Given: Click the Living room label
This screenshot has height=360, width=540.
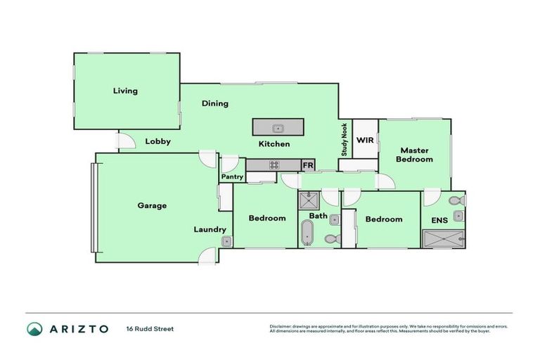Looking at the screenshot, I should point(125,91).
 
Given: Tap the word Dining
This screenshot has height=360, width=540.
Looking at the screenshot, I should point(215,103).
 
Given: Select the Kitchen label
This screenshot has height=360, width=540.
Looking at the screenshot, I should point(274,144).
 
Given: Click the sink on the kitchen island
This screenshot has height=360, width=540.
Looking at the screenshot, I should point(278,128).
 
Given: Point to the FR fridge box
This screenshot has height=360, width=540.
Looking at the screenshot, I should point(307,165).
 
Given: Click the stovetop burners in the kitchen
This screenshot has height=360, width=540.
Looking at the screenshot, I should point(274,165).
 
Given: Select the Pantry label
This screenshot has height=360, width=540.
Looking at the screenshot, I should point(232,177).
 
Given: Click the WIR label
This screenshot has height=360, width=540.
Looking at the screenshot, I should point(365,140).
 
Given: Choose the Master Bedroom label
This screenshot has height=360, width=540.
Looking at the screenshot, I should point(414,155).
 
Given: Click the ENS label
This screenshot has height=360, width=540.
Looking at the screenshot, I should point(439,220).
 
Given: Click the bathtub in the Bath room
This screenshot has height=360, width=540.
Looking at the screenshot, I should point(307,232).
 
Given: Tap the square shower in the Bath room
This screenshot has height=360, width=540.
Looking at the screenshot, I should point(309,201).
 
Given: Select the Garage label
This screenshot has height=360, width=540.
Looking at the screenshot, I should point(152,206).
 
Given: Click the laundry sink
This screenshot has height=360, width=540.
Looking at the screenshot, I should point(226,242).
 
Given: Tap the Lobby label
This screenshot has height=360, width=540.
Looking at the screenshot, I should point(158,141).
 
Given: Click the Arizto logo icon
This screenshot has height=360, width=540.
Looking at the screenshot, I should point(34,328).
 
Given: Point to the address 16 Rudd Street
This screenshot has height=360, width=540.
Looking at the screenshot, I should point(150,328).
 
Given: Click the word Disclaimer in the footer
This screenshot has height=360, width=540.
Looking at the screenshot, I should point(281,326).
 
